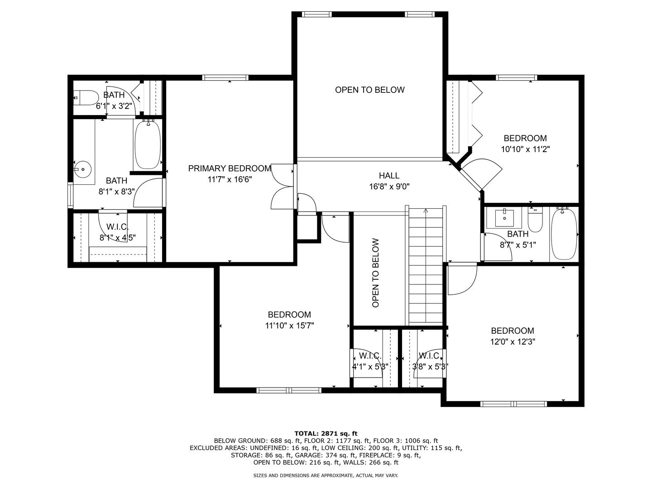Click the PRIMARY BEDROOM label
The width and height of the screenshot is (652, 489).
pyautogui.click(x=230, y=168)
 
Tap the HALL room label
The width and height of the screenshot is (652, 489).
pyautogui.click(x=389, y=176)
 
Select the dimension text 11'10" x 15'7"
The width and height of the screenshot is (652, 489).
pyautogui.click(x=289, y=326)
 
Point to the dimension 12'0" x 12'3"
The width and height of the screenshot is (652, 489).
pyautogui.click(x=513, y=342)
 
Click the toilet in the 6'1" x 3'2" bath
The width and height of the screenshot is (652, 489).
pyautogui.click(x=86, y=98)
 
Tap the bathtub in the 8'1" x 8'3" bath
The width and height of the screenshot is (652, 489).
pyautogui.click(x=148, y=145)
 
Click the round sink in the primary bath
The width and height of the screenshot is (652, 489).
pyautogui.click(x=83, y=169)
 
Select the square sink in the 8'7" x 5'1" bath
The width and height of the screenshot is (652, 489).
pyautogui.click(x=504, y=219)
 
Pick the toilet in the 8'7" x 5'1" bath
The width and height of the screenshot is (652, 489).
pyautogui.click(x=535, y=220)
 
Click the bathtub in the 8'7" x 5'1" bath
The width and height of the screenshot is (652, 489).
pyautogui.click(x=564, y=234)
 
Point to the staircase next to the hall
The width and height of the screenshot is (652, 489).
pyautogui.click(x=426, y=266)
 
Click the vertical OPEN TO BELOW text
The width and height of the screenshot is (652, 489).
pyautogui.click(x=376, y=273)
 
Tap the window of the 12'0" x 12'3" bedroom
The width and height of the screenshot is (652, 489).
pyautogui.click(x=513, y=404)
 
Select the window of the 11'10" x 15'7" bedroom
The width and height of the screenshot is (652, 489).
pyautogui.click(x=289, y=390)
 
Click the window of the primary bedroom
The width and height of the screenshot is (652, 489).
pyautogui.click(x=225, y=78)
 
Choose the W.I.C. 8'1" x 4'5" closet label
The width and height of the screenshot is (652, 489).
pyautogui.click(x=117, y=232)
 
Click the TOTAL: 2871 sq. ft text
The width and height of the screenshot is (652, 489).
pyautogui.click(x=326, y=434)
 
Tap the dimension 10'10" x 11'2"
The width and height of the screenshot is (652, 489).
pyautogui.click(x=526, y=149)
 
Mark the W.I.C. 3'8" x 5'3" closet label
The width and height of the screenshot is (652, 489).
pyautogui.click(x=430, y=361)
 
